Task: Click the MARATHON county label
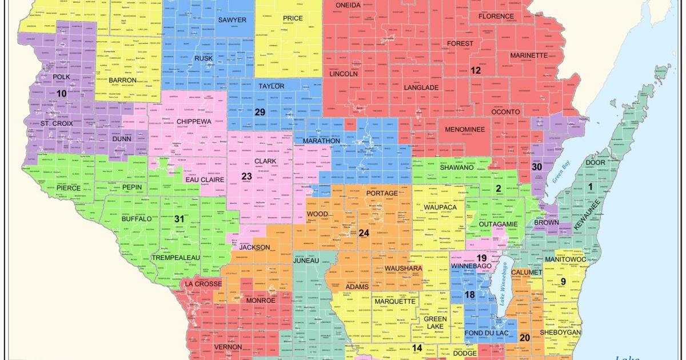tap(321, 141)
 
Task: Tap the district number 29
tap(260, 111)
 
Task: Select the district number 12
tap(476, 70)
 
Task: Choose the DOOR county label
tap(596, 162)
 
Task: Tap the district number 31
tap(180, 218)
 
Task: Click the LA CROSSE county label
tap(202, 284)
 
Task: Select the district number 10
tap(61, 93)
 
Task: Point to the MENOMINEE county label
tap(464, 130)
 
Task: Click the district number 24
tap(364, 233)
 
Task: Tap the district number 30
tap(536, 167)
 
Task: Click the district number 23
tap(246, 177)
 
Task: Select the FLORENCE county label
tap(496, 17)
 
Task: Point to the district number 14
tap(417, 348)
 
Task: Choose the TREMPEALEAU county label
tap(176, 258)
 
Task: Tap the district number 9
tap(563, 281)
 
